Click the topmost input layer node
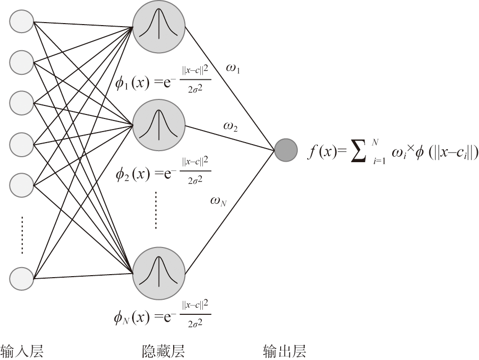click(x=22, y=21)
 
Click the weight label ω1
click(x=233, y=69)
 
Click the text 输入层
click(x=22, y=350)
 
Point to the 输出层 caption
click(x=285, y=350)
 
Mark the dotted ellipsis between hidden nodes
click(x=156, y=209)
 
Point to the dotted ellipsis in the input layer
click(x=22, y=234)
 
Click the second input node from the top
click(x=22, y=62)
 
